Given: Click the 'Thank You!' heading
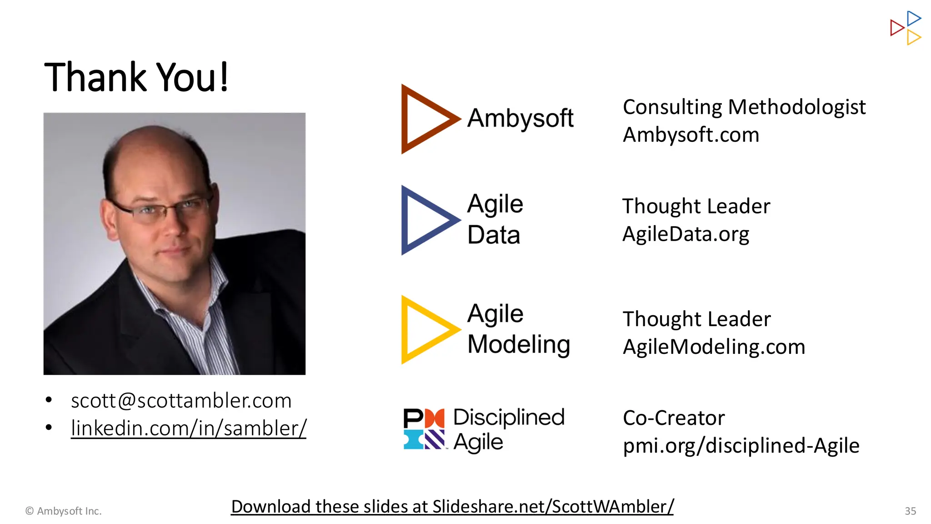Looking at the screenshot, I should pos(136,77).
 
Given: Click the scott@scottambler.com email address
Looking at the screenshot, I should pos(181,401).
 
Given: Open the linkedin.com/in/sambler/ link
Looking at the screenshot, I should pos(189,428).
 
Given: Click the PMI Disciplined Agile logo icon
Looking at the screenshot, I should pos(424,429).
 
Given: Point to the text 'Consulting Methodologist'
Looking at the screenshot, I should pos(744,107).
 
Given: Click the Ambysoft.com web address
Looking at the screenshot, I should pos(691,135).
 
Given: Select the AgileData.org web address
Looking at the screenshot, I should pos(686,234).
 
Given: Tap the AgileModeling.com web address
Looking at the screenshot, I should pos(714,347).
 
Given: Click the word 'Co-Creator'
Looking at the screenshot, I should pos(673,418).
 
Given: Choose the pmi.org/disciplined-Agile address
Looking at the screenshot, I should pos(741,446).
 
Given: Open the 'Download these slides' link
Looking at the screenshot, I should pos(452,507).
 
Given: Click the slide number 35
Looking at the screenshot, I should pos(910,511).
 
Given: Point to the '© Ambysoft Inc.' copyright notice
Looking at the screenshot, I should pos(63,511).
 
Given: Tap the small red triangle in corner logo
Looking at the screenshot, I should pos(896,28).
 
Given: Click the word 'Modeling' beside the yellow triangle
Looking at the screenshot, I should pos(519,344).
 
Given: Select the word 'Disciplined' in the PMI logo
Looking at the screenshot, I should pos(509,417).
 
